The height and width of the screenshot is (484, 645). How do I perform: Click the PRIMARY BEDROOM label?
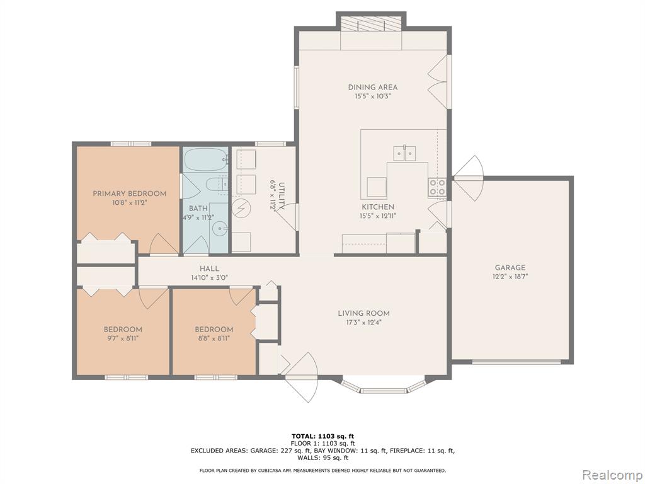129,193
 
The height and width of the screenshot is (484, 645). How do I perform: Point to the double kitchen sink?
404,153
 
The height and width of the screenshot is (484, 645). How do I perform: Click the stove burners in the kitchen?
437,187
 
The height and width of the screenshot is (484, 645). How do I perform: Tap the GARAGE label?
510,267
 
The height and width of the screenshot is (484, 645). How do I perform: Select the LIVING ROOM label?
363,313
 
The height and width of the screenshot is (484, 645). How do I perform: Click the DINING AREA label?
373,87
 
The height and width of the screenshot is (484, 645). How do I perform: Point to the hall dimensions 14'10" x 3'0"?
209,278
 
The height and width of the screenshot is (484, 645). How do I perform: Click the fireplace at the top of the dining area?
372,24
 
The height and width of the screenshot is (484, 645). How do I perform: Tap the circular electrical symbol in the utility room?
240,208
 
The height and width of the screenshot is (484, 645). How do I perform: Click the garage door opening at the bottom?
517,362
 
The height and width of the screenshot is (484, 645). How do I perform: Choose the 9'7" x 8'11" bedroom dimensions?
123,338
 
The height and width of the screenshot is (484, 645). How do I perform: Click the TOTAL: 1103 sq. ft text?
323,436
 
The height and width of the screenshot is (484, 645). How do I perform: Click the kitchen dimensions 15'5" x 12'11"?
378,216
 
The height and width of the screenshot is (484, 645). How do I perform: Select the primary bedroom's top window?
131,144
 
